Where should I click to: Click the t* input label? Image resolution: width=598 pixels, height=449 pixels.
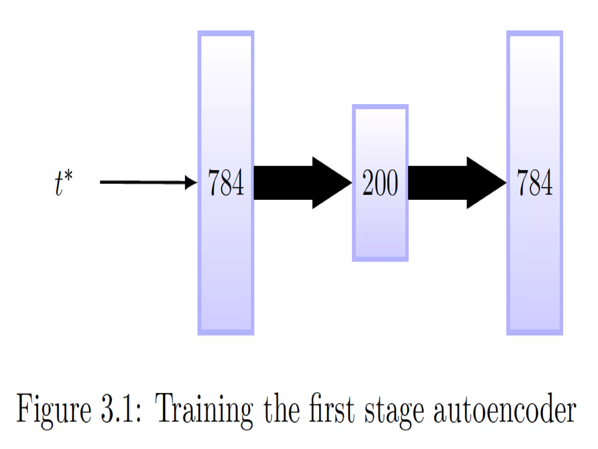pos(63,183)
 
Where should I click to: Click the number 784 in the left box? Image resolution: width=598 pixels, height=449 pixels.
pos(226,183)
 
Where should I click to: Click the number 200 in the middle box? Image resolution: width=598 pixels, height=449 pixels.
pos(380,183)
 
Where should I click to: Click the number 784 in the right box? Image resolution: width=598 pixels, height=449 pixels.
pos(534,183)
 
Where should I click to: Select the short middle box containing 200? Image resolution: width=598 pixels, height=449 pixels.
pos(380,228)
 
